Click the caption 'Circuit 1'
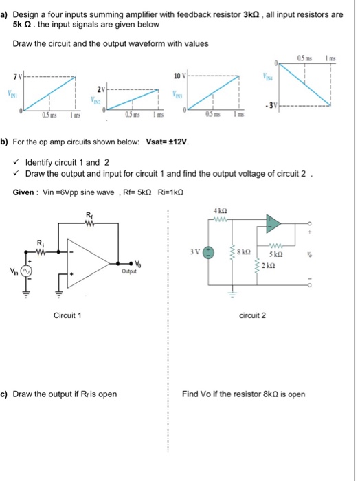coord(67,315)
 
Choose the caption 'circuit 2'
coord(252,315)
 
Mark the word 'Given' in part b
coord(25,192)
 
